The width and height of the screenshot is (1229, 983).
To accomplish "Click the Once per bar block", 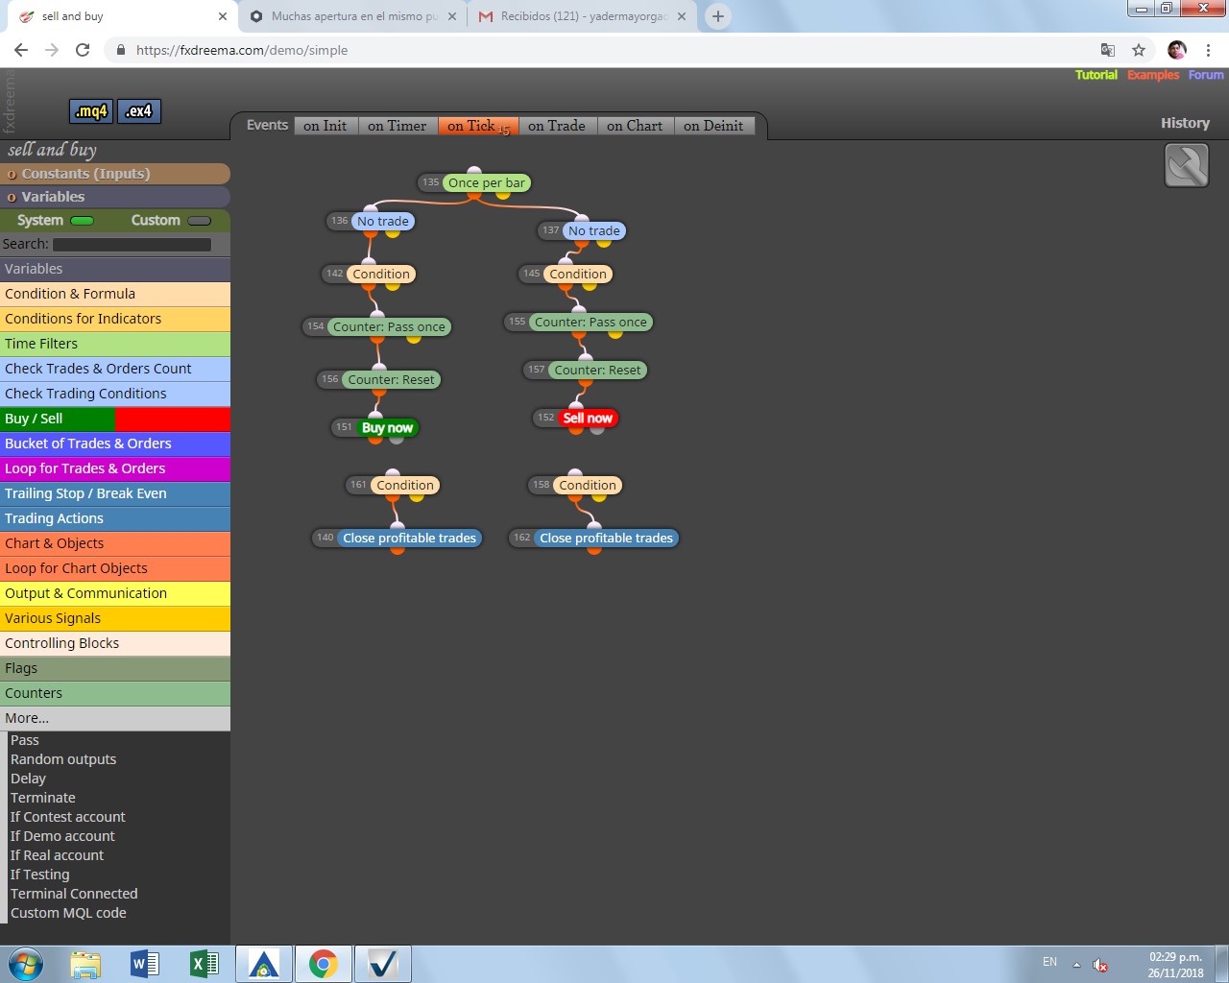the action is click(486, 182).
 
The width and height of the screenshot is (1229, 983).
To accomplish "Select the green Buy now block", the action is click(387, 428).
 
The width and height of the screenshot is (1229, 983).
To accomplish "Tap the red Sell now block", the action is click(588, 419).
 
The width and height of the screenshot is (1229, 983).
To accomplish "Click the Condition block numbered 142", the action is click(381, 275).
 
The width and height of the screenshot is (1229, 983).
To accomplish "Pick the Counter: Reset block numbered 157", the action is click(597, 371).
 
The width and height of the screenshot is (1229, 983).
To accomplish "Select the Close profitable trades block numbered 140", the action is click(409, 538).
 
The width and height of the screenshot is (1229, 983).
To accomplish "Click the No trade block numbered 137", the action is click(593, 230).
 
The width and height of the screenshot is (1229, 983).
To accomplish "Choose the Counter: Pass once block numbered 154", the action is click(389, 326).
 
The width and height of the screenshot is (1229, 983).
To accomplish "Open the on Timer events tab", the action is click(397, 126).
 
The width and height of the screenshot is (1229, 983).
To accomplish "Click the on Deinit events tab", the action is click(713, 126).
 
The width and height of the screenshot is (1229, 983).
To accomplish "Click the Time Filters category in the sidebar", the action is click(115, 344).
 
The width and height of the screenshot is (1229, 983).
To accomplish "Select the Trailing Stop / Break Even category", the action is click(115, 493).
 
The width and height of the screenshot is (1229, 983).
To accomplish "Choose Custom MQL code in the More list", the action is click(68, 913).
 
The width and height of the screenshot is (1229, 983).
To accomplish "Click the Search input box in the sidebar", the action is click(132, 245).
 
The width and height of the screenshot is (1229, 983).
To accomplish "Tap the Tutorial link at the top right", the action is click(1096, 75).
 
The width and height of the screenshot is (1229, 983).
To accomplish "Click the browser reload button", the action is click(83, 50).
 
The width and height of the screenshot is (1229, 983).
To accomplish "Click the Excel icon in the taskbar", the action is click(204, 964).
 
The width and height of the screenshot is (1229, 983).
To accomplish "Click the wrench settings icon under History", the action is click(1186, 166).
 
